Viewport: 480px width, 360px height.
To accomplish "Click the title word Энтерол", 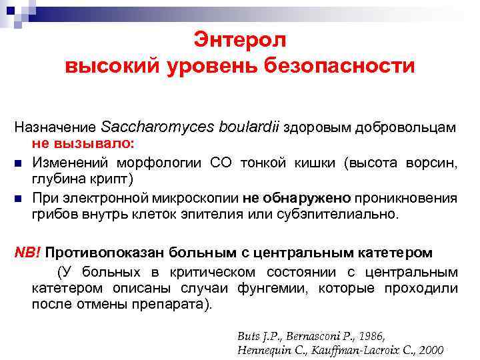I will pos(240,40).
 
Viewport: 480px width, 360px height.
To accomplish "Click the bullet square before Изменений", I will pos(20,162).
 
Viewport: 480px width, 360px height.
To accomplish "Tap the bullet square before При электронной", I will pos(20,198).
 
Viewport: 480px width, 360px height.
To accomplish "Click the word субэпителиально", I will pos(339,215).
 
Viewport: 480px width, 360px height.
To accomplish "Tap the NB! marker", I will pos(29,253).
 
